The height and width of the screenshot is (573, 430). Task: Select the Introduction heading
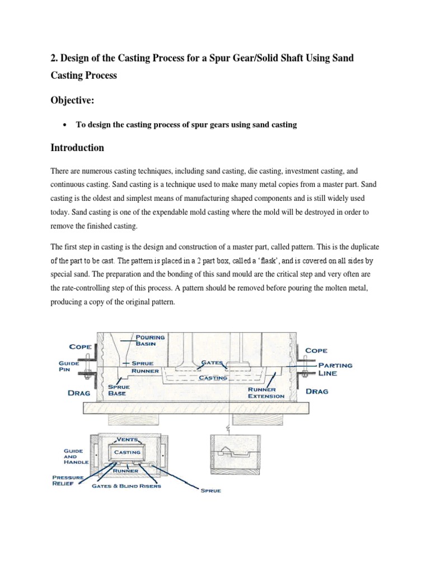point(77,148)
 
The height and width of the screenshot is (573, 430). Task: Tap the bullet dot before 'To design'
point(67,125)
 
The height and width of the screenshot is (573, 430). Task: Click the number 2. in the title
point(55,58)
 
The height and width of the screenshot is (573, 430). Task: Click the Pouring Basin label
point(151,341)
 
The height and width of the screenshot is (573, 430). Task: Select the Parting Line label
point(335,369)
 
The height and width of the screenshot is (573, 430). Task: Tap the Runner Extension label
point(267,392)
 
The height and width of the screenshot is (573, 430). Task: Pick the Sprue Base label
point(117,389)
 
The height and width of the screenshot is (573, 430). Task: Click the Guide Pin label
point(70,367)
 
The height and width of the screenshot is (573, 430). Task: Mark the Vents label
point(128,440)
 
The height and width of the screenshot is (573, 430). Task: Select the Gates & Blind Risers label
point(127,486)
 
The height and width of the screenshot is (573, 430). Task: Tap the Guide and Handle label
point(73,457)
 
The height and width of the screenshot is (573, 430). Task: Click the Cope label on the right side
point(317,350)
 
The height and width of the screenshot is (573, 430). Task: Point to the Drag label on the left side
point(79,393)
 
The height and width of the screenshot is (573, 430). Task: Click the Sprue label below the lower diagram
point(211,491)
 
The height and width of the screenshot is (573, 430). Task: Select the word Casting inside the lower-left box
point(127,452)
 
